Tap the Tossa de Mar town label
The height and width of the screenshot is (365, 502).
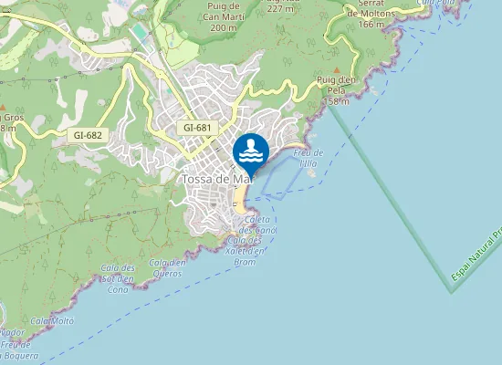[x=215, y=179]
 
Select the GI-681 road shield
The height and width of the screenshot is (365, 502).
[x=198, y=128]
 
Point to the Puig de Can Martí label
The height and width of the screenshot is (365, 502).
[x=224, y=16]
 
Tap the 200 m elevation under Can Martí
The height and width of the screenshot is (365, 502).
[x=224, y=27]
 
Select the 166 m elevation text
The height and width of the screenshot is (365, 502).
[x=371, y=24]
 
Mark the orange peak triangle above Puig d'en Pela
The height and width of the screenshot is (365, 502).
[x=338, y=70]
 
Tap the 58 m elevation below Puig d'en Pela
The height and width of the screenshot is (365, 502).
[x=338, y=100]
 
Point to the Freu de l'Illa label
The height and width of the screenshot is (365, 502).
[x=309, y=157]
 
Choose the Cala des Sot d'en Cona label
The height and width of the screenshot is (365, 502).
[x=119, y=278]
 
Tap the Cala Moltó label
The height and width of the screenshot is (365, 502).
[x=51, y=321]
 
